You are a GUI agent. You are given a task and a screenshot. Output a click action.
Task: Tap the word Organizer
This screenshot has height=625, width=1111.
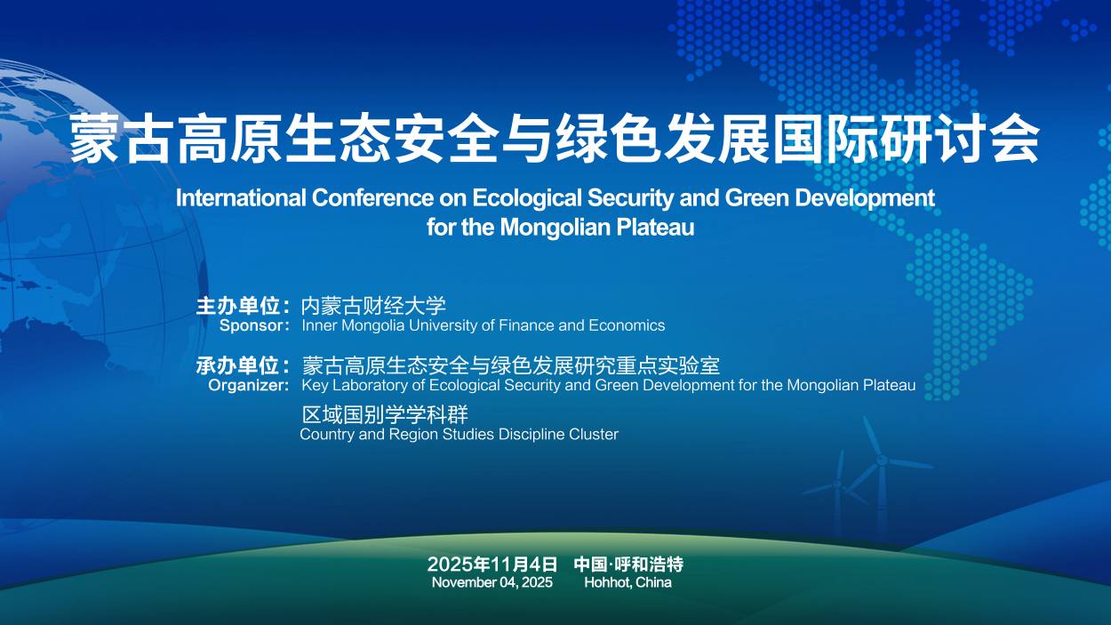pyautogui.click(x=246, y=386)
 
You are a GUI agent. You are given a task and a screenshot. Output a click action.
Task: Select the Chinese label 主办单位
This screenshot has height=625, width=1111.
pyautogui.click(x=238, y=306)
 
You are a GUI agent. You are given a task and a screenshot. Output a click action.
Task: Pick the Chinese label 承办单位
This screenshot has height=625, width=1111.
pyautogui.click(x=238, y=366)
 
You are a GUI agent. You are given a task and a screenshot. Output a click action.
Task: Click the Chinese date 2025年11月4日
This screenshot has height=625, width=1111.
pyautogui.click(x=492, y=564)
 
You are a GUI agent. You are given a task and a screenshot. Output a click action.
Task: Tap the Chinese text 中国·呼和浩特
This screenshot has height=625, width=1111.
pyautogui.click(x=628, y=564)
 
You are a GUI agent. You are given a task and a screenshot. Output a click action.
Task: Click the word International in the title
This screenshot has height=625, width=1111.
pyautogui.click(x=241, y=198)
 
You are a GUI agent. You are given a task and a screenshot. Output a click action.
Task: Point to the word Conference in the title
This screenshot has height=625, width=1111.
pyautogui.click(x=372, y=198)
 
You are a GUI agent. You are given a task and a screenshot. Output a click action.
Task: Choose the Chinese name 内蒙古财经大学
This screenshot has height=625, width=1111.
pyautogui.click(x=373, y=306)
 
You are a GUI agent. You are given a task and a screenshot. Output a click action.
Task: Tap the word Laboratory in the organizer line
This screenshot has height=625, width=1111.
pyautogui.click(x=370, y=386)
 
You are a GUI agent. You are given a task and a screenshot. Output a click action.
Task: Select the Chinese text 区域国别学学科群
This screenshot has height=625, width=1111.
pyautogui.click(x=385, y=414)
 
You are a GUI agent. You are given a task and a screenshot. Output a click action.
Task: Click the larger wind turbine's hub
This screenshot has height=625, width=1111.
pyautogui.click(x=882, y=461)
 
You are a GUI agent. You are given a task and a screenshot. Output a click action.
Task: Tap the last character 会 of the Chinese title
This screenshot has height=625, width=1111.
pyautogui.click(x=1016, y=139)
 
